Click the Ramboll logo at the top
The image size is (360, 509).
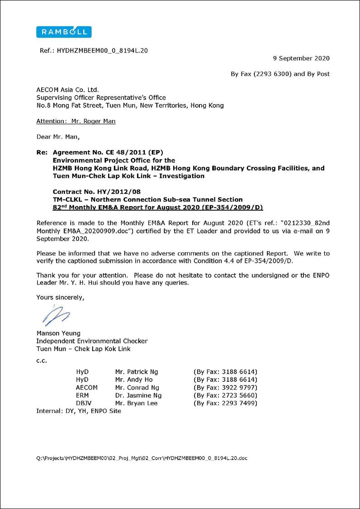click(x=64, y=32)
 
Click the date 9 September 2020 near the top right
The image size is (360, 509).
click(x=301, y=58)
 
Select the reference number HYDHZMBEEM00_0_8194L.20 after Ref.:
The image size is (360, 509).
click(x=102, y=51)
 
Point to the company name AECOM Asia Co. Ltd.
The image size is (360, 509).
click(x=67, y=90)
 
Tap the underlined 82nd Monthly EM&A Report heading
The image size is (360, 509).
click(x=158, y=207)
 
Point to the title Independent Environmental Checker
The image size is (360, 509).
click(x=92, y=341)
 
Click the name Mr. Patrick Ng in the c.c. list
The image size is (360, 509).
click(x=137, y=372)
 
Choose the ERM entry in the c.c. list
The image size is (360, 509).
click(x=82, y=395)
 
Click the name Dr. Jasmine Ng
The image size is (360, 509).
click(x=138, y=395)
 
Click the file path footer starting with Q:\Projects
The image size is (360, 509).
click(x=142, y=458)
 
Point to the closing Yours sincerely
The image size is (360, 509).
click(x=60, y=297)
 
